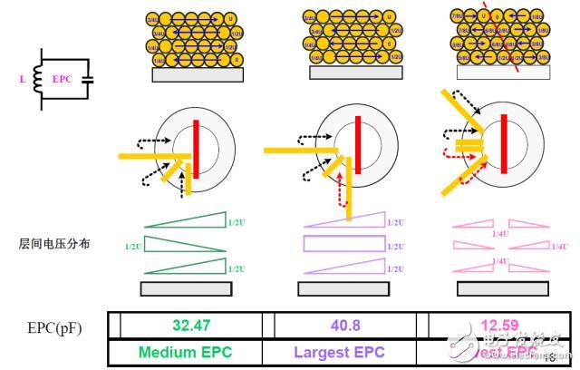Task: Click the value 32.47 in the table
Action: pos(190,324)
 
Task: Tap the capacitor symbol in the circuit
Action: pos(87,79)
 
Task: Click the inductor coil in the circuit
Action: pos(37,79)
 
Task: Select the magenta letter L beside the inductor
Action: pos(21,80)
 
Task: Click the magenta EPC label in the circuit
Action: pos(62,80)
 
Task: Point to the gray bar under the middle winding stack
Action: pos(349,75)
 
